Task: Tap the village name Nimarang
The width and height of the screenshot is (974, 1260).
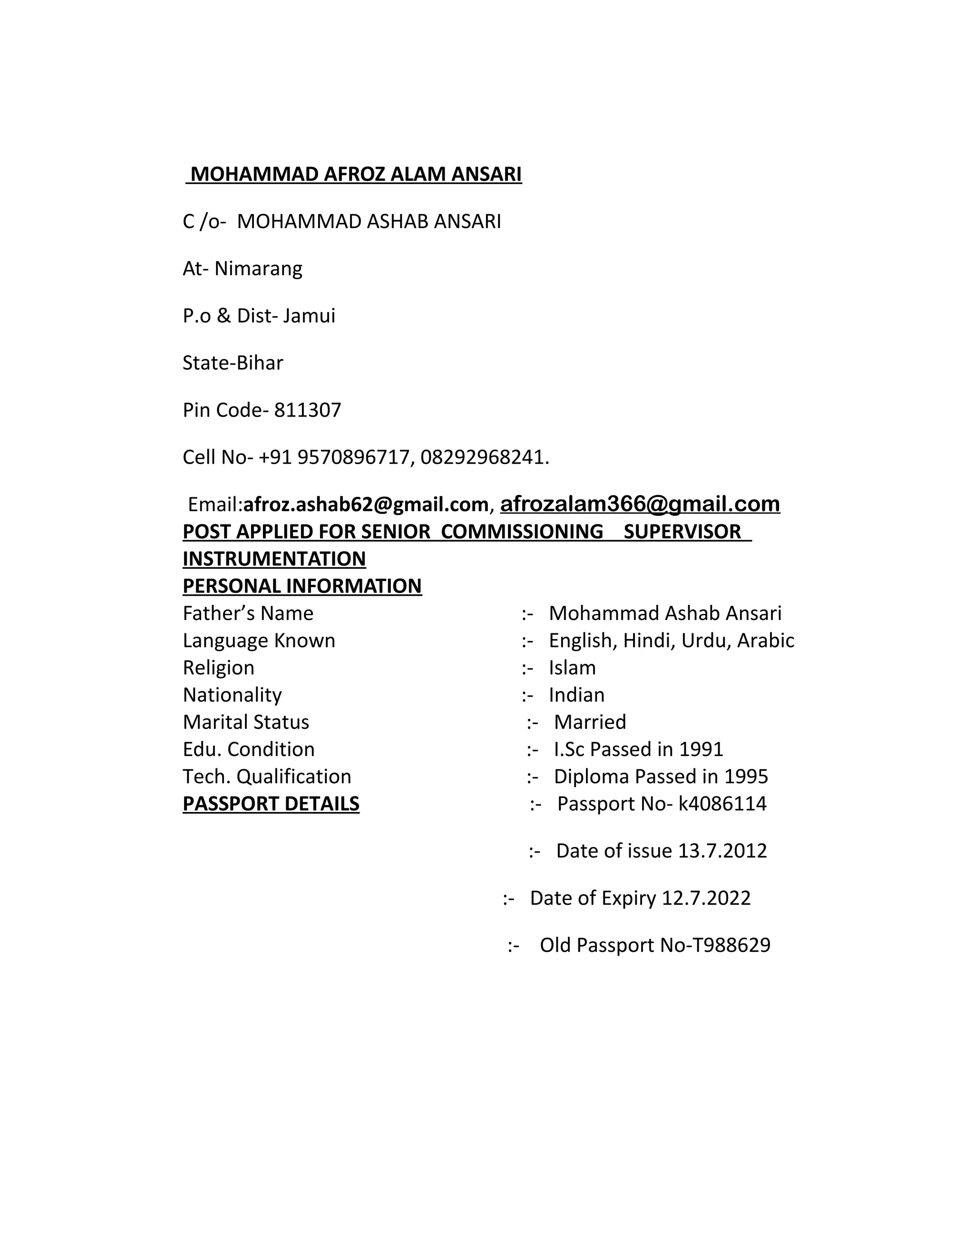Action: pos(259,269)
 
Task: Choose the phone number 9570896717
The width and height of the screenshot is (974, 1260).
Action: pos(355,457)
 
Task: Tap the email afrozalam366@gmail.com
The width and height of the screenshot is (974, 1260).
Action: pos(640,504)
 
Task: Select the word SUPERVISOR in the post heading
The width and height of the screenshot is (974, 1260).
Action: pos(682,532)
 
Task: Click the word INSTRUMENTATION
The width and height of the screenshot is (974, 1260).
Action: pos(274,559)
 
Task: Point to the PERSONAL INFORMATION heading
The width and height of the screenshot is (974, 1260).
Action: pos(302,586)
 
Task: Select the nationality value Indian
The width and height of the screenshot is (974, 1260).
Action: pos(576,695)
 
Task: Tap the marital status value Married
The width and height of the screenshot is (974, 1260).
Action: pos(590,722)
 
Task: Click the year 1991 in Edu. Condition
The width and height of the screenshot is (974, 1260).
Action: pos(701,749)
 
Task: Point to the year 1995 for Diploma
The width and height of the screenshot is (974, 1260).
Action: pos(746,776)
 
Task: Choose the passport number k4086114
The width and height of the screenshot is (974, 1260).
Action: pos(722,804)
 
